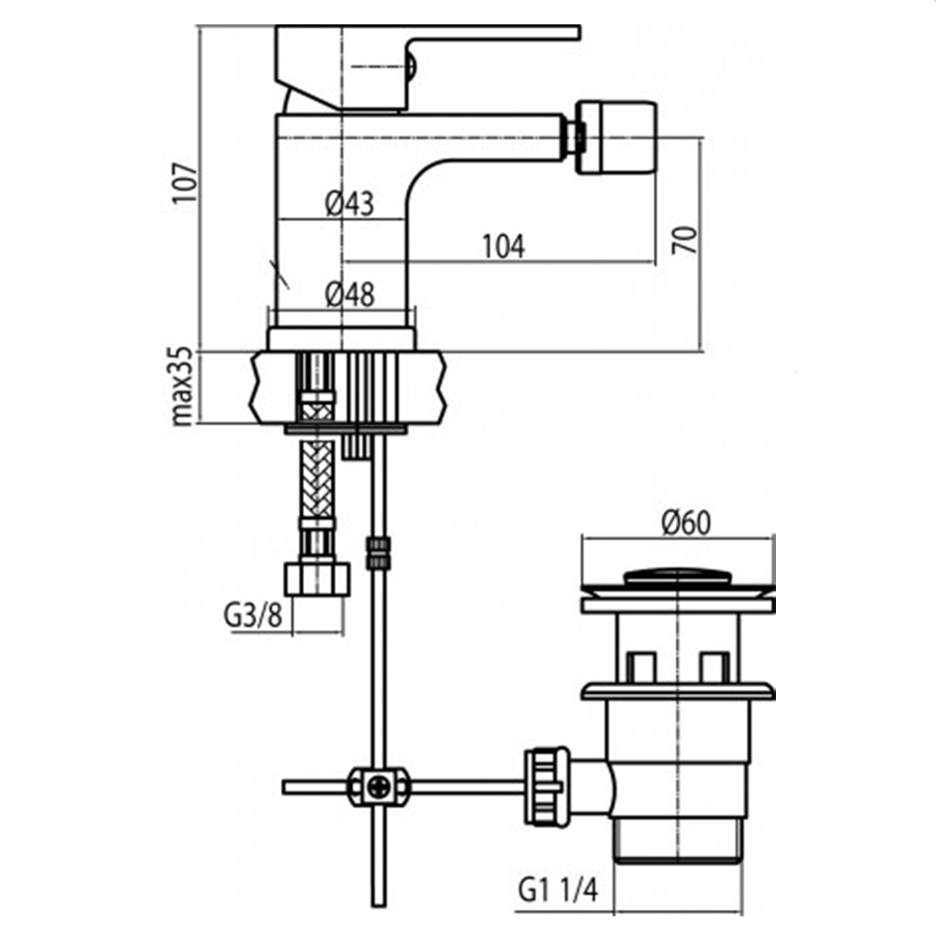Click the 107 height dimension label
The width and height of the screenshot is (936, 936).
tap(185, 183)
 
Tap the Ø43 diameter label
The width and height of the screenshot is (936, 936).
tap(350, 203)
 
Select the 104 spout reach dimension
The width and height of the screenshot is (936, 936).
tap(504, 246)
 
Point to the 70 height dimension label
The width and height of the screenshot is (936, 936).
tap(685, 240)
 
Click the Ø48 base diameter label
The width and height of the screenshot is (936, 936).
tap(350, 294)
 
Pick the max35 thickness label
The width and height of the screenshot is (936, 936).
tap(183, 387)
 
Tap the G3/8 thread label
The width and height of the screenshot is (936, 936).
tap(253, 615)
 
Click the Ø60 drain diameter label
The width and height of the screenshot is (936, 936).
tap(686, 523)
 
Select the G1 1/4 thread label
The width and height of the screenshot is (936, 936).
tap(558, 890)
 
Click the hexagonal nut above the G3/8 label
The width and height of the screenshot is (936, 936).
tap(317, 578)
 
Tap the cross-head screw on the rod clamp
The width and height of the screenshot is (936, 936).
tap(379, 787)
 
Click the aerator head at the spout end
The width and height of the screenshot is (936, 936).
tap(617, 138)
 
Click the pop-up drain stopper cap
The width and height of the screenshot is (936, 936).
tap(678, 577)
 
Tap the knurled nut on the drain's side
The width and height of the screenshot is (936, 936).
tap(546, 787)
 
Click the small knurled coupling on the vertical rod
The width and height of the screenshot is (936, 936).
tap(377, 553)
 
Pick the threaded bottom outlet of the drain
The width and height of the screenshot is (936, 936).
tap(678, 841)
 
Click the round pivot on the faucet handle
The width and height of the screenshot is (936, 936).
tap(412, 66)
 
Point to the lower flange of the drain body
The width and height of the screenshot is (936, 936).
tap(678, 692)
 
